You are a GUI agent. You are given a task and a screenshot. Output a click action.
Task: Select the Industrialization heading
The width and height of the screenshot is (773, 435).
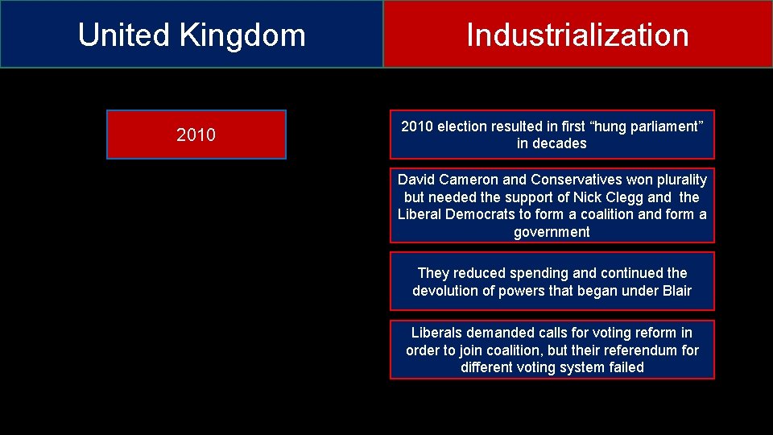coord(577,35)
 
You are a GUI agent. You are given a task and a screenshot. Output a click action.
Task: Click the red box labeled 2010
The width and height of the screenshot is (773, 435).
coord(196,135)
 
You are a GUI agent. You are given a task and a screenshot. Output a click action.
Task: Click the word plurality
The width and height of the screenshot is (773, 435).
coord(677,180)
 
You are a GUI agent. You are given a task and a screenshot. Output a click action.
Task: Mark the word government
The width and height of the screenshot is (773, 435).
coord(552,232)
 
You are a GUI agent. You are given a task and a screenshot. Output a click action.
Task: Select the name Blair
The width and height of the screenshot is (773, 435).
coord(674,291)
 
